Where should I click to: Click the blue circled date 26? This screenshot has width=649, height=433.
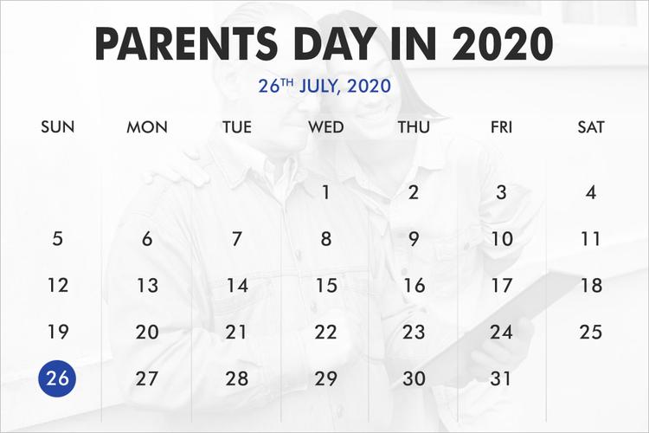[x=57, y=378]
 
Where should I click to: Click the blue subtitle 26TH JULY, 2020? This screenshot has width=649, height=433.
[x=324, y=87]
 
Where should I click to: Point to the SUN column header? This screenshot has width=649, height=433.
[x=57, y=127]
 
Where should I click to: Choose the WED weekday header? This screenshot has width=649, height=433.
[x=325, y=127]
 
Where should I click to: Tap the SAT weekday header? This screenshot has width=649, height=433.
[x=591, y=127]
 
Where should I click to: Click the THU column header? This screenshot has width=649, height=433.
[x=414, y=127]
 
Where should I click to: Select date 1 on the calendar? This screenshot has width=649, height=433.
[x=325, y=192]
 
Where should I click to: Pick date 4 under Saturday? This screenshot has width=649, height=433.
[x=591, y=192]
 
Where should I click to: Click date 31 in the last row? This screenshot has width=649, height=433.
[x=502, y=378]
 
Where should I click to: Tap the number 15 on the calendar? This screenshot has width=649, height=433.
[x=325, y=285]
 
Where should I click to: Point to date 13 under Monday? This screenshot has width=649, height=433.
[x=147, y=285]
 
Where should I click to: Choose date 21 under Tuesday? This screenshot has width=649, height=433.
[x=236, y=332]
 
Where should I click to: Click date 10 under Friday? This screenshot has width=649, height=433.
[x=502, y=238]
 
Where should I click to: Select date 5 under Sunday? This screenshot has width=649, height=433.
[x=57, y=238]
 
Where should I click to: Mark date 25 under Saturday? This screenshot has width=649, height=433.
[x=591, y=332]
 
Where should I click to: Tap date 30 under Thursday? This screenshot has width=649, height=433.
[x=414, y=378]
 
